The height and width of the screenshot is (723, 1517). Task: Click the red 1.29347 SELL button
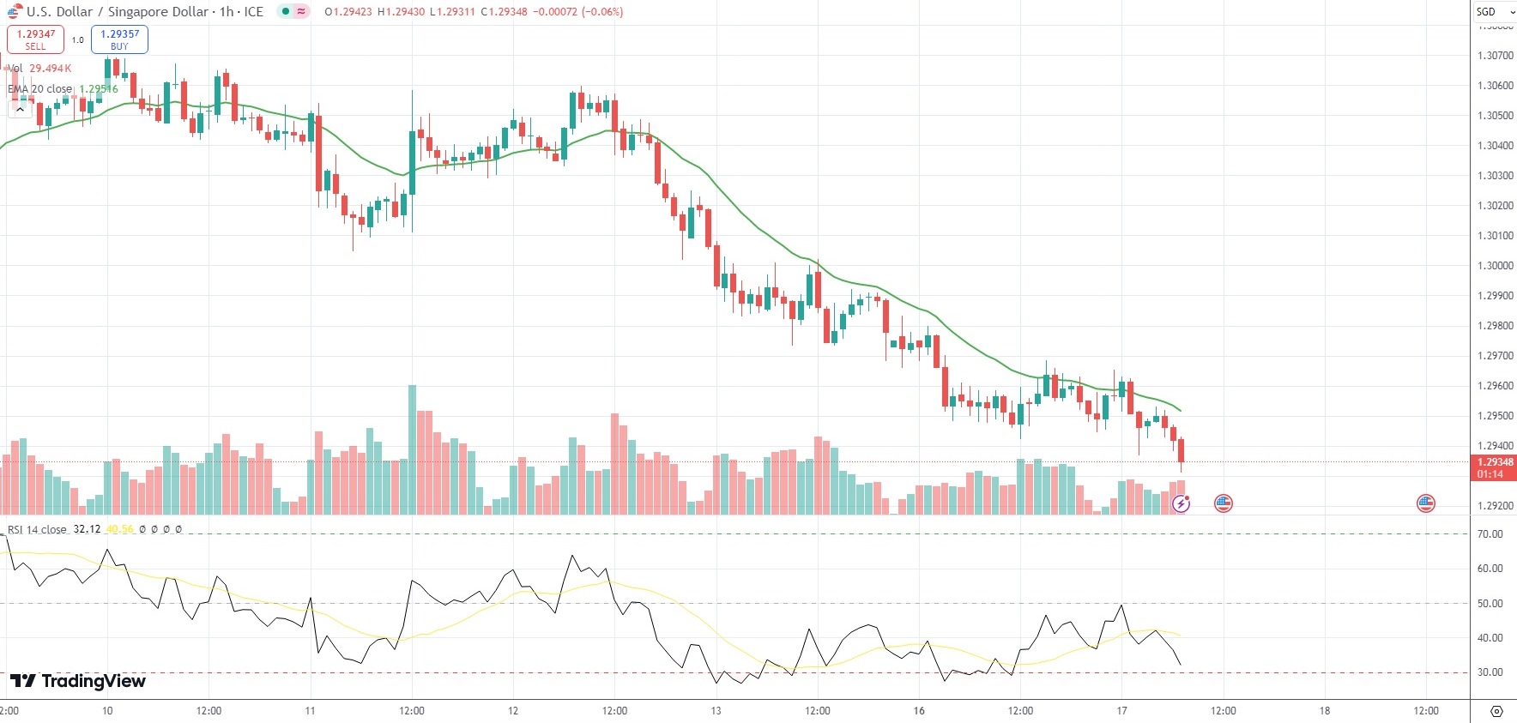(x=35, y=39)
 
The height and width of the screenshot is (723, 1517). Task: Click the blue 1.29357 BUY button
(x=119, y=39)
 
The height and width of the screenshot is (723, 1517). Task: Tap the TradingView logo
(x=78, y=681)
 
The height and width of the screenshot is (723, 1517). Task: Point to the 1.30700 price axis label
(x=1495, y=56)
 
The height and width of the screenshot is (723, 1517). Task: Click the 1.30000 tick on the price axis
(x=1495, y=266)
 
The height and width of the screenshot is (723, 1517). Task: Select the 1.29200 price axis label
(x=1495, y=506)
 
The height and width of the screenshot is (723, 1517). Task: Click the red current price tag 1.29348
(x=1494, y=467)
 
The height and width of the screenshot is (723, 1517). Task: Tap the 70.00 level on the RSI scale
(x=1490, y=534)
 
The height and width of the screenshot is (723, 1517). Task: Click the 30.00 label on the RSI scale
(x=1490, y=672)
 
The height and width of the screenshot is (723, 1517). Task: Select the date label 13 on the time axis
(x=716, y=711)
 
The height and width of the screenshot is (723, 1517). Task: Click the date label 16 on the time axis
(x=919, y=711)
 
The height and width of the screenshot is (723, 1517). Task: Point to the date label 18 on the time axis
(x=1324, y=711)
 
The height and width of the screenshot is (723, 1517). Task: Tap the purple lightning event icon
(x=1182, y=504)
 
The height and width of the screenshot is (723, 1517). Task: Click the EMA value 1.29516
(x=99, y=89)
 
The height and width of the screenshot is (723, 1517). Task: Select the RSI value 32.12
(x=87, y=530)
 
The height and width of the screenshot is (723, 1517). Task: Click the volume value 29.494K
(x=51, y=69)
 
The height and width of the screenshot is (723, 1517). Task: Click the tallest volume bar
(x=412, y=450)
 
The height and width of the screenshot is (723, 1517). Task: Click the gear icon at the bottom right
(x=1496, y=711)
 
